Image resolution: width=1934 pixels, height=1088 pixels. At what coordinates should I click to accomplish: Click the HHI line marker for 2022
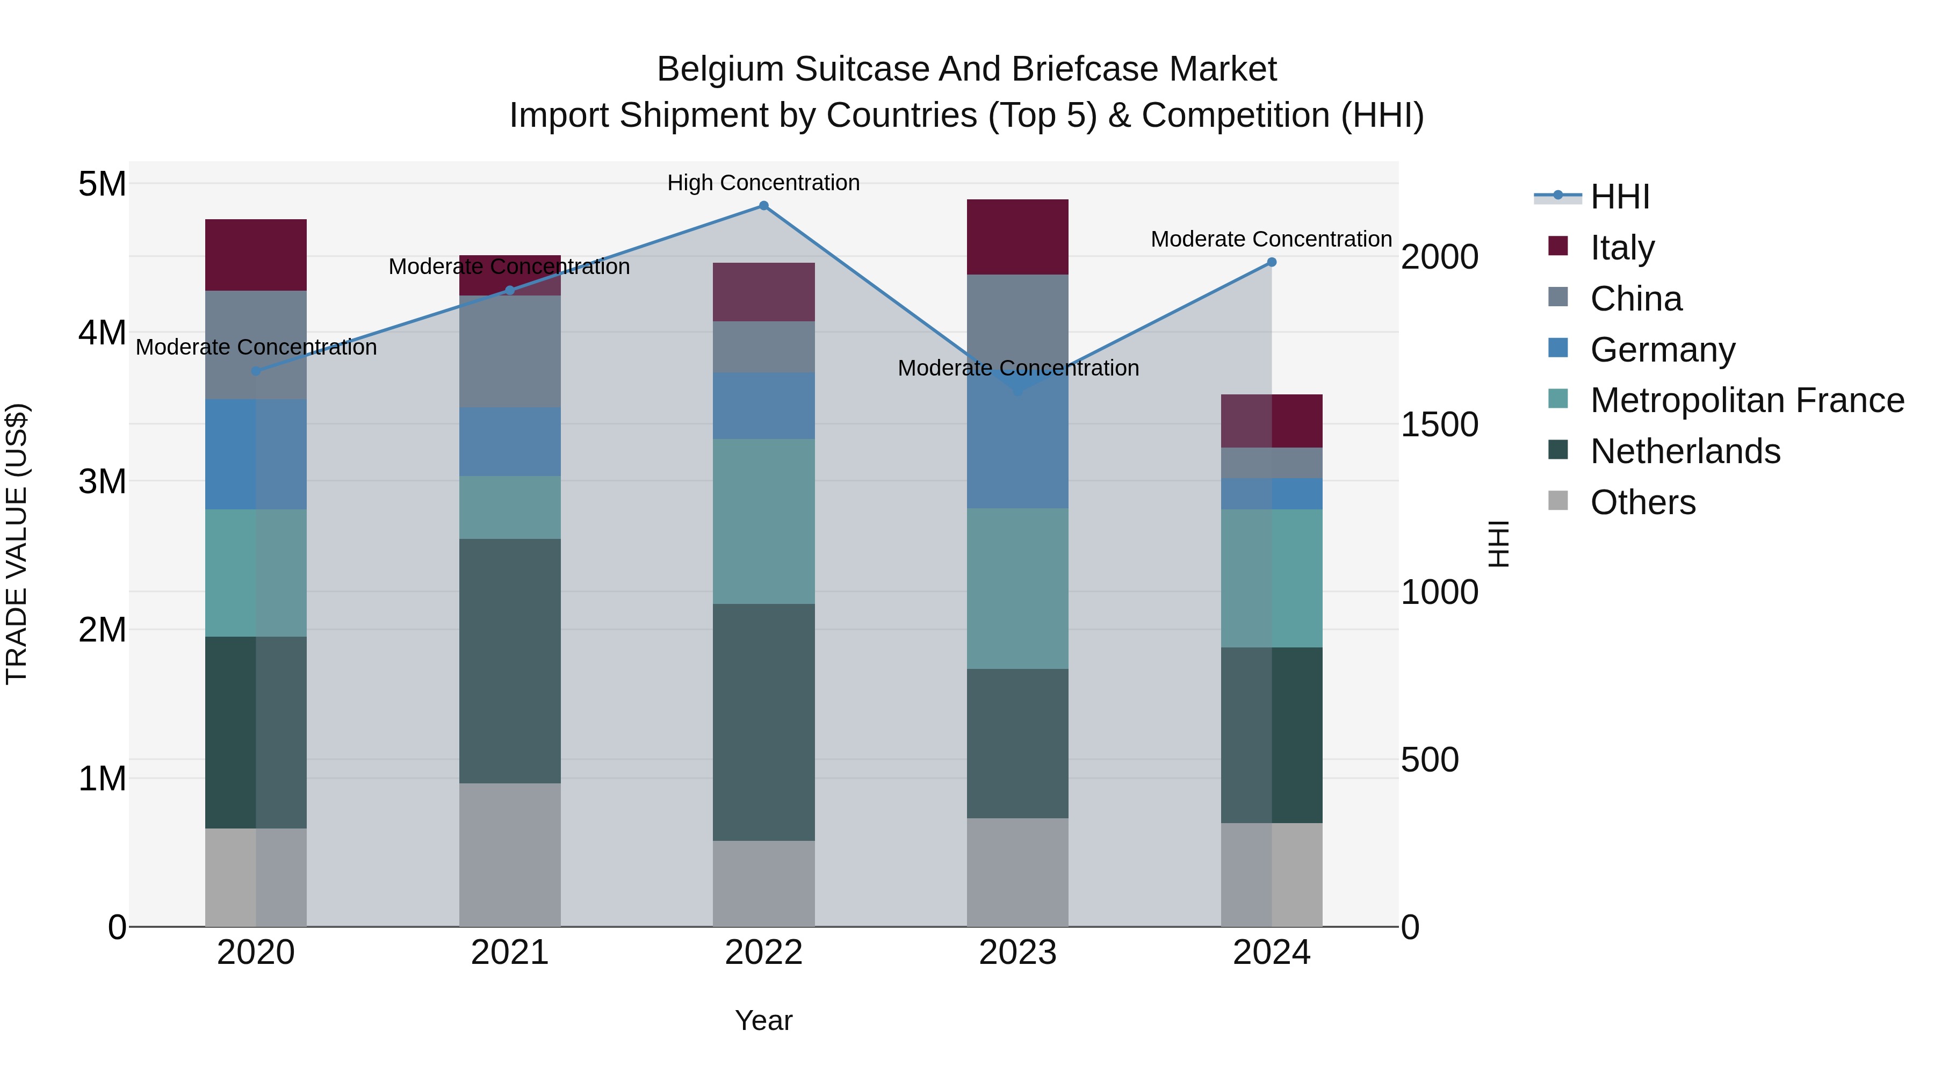point(763,206)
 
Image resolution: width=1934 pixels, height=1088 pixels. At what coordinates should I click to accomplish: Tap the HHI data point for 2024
point(1272,262)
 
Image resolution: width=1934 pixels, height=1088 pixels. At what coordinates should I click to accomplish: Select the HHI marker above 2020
point(256,371)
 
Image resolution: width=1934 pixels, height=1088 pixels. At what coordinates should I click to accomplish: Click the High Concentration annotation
point(763,183)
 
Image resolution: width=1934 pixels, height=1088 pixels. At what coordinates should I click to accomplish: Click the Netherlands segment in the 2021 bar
point(510,661)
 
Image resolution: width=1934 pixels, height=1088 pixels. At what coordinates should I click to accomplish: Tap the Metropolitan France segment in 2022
point(763,521)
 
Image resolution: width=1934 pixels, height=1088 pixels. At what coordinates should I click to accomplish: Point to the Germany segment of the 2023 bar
point(1017,451)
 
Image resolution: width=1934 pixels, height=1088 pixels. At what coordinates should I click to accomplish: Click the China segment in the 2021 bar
point(510,351)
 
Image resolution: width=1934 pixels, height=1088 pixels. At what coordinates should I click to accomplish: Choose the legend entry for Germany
point(1662,350)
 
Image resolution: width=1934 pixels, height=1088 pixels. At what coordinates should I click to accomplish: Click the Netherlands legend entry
point(1685,451)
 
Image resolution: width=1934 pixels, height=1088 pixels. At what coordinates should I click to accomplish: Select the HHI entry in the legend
point(1619,197)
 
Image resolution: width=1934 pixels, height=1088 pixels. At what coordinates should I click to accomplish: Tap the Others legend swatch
point(1558,501)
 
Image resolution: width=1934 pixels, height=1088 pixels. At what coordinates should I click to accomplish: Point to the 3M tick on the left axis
point(102,480)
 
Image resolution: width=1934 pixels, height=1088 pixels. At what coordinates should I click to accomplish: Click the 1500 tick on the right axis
point(1439,424)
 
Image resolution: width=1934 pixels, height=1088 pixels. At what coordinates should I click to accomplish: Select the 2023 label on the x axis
point(1017,953)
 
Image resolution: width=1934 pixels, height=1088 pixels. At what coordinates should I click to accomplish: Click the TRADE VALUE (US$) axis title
point(17,544)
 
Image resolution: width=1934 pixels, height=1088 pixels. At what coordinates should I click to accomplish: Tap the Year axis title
point(763,1020)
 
